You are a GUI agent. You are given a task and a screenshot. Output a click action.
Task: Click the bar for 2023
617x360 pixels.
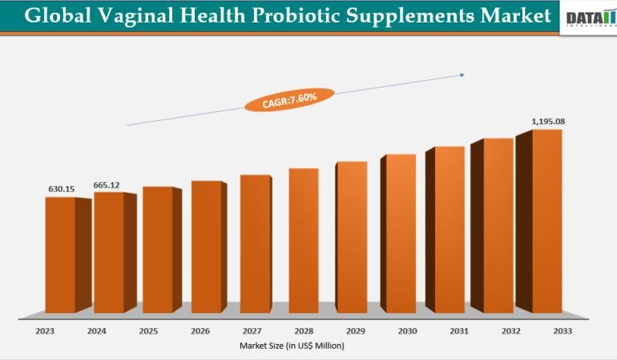click(60, 254)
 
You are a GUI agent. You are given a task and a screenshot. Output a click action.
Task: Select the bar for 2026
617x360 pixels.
click(206, 246)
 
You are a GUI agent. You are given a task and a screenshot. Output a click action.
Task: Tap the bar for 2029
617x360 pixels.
click(351, 237)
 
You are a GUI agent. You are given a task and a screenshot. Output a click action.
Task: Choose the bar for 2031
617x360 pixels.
click(450, 229)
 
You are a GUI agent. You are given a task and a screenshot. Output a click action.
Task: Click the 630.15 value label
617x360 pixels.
click(60, 189)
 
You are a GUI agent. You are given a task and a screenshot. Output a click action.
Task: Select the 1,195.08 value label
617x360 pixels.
click(549, 122)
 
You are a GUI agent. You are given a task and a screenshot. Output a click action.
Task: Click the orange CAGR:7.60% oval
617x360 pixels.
click(290, 99)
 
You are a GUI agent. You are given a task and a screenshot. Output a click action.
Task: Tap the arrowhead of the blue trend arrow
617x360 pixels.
click(462, 75)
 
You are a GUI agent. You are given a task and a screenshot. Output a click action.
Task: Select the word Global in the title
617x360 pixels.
click(52, 16)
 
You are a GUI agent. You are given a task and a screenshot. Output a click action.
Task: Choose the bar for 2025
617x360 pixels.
click(158, 249)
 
